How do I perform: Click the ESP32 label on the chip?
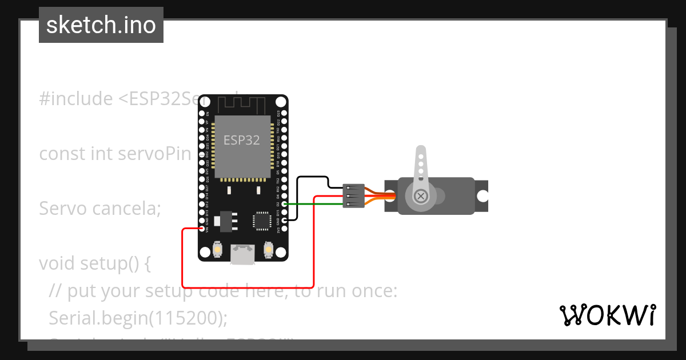[x=242, y=140]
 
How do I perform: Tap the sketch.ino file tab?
[x=101, y=25]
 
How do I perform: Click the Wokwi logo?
[x=607, y=315]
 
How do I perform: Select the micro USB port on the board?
[x=243, y=255]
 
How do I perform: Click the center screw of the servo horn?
[x=421, y=196]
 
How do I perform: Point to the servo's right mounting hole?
[x=482, y=196]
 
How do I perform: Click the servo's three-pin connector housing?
[x=353, y=196]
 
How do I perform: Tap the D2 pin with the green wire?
[x=284, y=204]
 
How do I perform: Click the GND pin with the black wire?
[x=284, y=220]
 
